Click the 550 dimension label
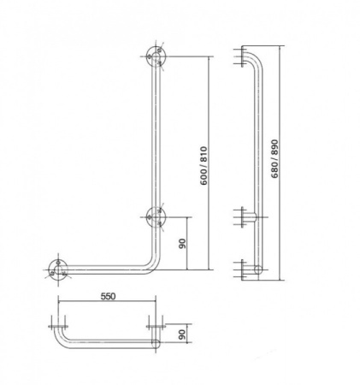108,296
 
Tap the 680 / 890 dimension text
274,158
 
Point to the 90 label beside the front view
182,243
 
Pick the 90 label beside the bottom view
182,334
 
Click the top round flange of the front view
156,56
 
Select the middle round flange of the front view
156,217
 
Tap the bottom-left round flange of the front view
58,269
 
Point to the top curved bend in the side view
257,59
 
